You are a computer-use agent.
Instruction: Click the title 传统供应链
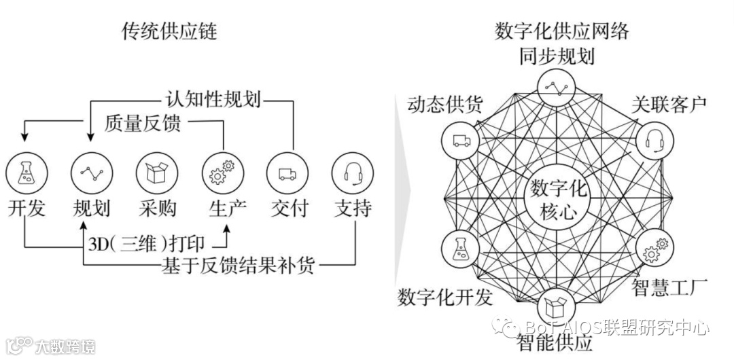[x=171, y=31]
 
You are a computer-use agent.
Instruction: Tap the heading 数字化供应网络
[x=561, y=31]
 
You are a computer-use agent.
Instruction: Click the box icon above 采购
[x=156, y=173]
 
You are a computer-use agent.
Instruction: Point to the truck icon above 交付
[x=286, y=173]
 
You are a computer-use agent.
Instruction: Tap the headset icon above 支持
[x=353, y=173]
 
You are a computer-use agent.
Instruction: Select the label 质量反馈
[x=146, y=123]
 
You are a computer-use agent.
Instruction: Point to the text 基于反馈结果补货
[x=239, y=264]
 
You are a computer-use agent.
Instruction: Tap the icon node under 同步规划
[x=557, y=86]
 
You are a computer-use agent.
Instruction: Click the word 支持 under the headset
[x=353, y=208]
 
